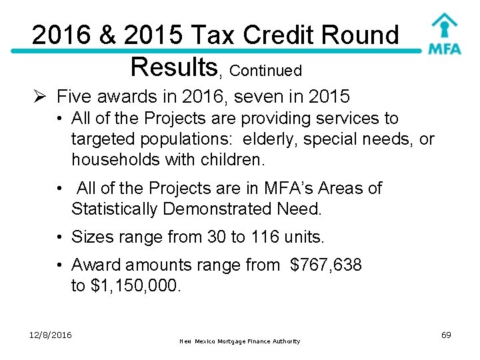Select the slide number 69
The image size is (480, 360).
[446, 335]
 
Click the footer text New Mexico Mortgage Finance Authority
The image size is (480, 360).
[240, 341]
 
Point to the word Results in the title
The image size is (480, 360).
[174, 66]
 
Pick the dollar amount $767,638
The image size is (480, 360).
[326, 265]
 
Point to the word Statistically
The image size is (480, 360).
[114, 209]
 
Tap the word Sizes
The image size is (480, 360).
[92, 237]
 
